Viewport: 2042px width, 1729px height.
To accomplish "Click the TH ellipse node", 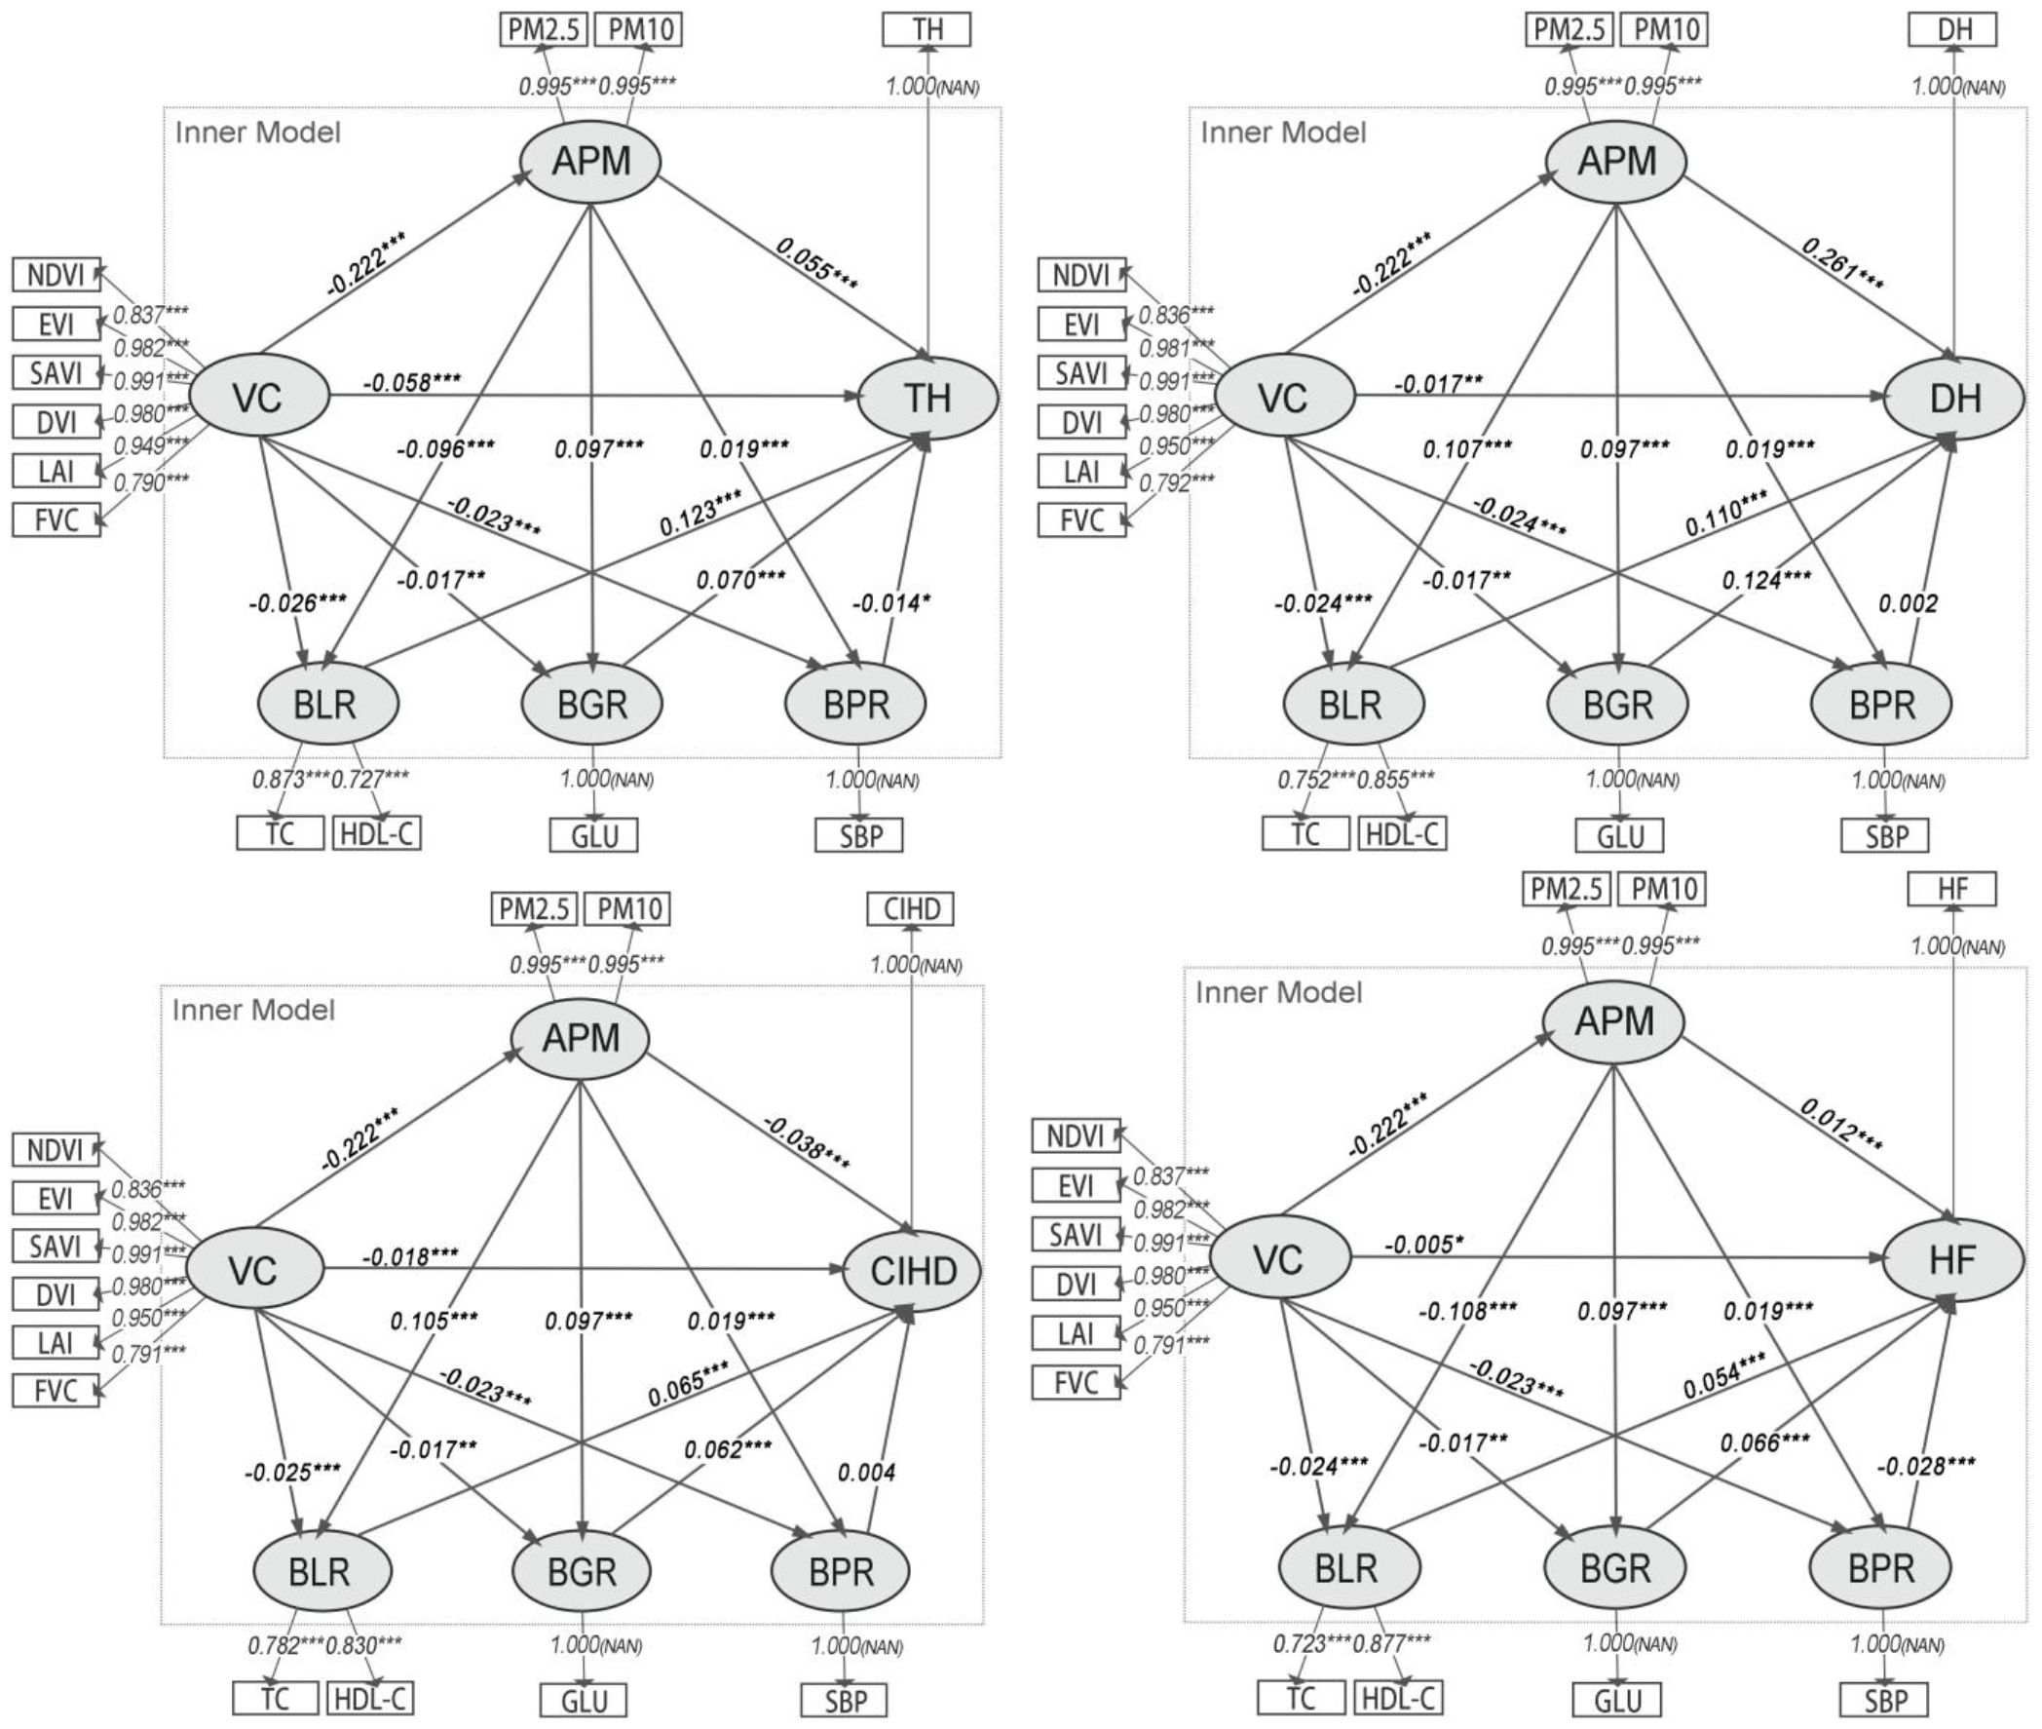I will coord(926,398).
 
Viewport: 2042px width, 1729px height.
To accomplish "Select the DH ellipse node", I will coord(1953,398).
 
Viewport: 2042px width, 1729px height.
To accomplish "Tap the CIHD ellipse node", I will coord(913,1270).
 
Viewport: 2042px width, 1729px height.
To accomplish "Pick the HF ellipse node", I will coord(1951,1259).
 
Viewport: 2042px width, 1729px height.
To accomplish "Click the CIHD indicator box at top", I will coord(911,908).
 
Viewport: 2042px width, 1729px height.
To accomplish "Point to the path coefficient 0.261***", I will coord(1843,263).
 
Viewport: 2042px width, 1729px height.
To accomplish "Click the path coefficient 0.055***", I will coord(816,263).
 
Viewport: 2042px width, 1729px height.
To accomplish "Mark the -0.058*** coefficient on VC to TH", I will coord(411,381).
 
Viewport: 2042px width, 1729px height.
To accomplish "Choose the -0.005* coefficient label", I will coord(1423,1245).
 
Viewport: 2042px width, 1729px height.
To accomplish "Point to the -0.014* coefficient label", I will coord(890,602).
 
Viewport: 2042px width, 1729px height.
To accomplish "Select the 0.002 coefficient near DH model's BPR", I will coord(1908,603).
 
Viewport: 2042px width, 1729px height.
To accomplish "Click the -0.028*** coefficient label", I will coord(1926,1466).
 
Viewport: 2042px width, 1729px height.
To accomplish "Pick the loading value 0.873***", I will coord(291,780).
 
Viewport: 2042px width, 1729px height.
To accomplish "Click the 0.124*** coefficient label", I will coord(1766,580).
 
